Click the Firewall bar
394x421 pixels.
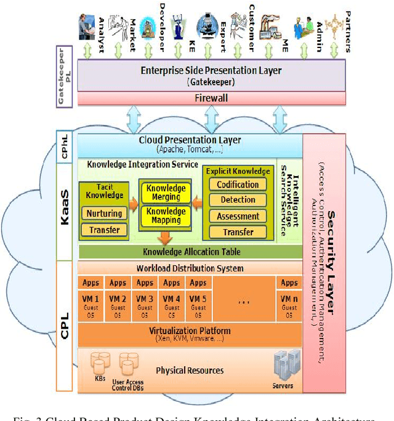click(211, 98)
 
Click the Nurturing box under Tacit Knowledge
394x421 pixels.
click(105, 214)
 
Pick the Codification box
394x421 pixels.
click(238, 184)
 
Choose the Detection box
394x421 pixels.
click(238, 200)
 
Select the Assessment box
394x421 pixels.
click(238, 216)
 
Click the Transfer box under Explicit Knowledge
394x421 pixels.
click(238, 232)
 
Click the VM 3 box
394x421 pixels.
click(145, 305)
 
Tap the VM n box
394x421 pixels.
click(289, 305)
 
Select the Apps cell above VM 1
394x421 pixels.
click(91, 283)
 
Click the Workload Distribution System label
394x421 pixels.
click(189, 268)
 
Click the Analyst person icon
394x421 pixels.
click(87, 27)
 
